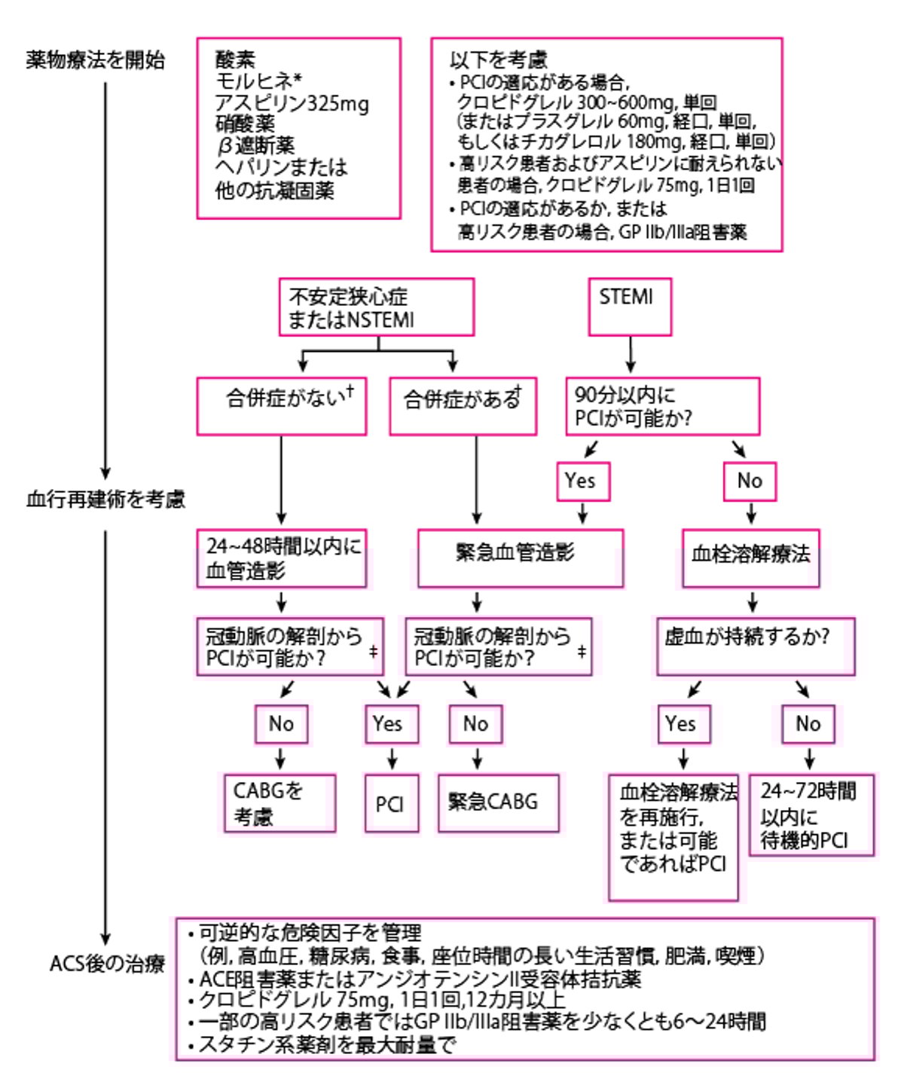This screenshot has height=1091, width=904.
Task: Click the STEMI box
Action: [629, 307]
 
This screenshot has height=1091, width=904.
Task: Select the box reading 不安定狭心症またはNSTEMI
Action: [376, 307]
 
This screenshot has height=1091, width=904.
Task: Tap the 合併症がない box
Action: [281, 406]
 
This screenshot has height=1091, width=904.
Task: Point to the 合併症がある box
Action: [463, 407]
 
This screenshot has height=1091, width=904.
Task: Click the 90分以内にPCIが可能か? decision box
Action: [662, 407]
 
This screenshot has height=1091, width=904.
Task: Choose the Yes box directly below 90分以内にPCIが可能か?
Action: [582, 481]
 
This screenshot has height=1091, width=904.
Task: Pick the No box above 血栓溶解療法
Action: [750, 481]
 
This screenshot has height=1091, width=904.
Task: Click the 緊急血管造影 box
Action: [520, 558]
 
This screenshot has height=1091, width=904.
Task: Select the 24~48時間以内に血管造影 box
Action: [281, 558]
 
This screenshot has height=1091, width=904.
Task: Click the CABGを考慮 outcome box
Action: [279, 803]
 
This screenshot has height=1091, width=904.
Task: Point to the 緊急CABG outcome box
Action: [498, 802]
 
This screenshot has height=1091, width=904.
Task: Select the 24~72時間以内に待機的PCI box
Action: [811, 815]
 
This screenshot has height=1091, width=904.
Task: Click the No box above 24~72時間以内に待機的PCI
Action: [808, 724]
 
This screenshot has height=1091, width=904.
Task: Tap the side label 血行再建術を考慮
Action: [105, 500]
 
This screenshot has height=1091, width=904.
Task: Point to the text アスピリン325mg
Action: [292, 103]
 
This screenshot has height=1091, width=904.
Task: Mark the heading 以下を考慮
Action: [499, 60]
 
